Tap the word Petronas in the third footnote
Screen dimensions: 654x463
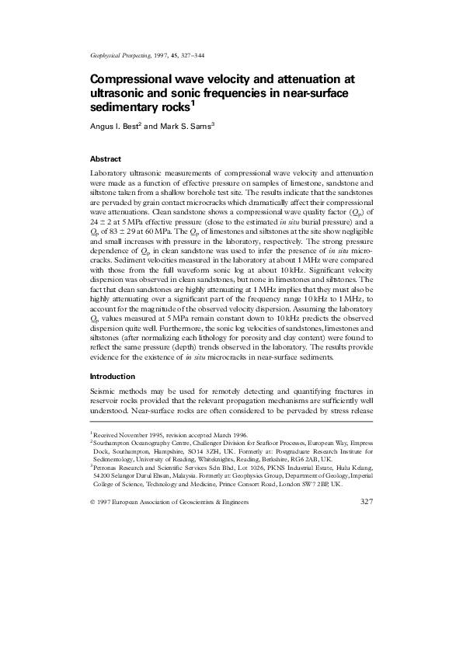point(106,468)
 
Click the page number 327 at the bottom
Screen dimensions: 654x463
point(364,503)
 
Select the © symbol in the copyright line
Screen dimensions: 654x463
point(93,503)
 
